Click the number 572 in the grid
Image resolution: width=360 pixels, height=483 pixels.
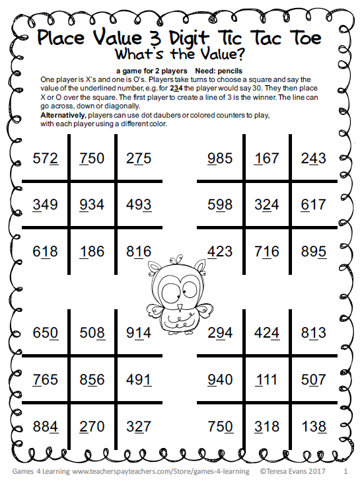(45, 159)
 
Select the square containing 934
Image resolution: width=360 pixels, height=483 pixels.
(91, 205)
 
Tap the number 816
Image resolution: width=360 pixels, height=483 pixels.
(139, 252)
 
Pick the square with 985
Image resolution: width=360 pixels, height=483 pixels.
(219, 159)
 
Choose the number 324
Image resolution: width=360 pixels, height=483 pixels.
(266, 205)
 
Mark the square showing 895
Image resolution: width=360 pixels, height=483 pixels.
(312, 252)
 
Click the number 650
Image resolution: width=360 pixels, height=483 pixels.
(45, 333)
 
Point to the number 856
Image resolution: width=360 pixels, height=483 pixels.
(91, 380)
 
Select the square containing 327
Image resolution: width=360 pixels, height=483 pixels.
(139, 426)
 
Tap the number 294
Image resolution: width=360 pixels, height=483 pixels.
(219, 333)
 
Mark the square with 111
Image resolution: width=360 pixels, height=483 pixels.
(266, 380)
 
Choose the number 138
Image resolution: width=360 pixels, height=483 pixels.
(312, 426)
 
